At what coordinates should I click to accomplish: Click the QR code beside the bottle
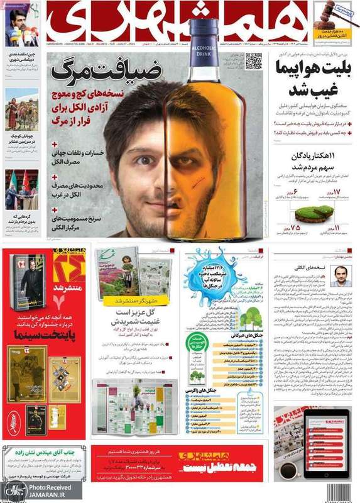point(253,62)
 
